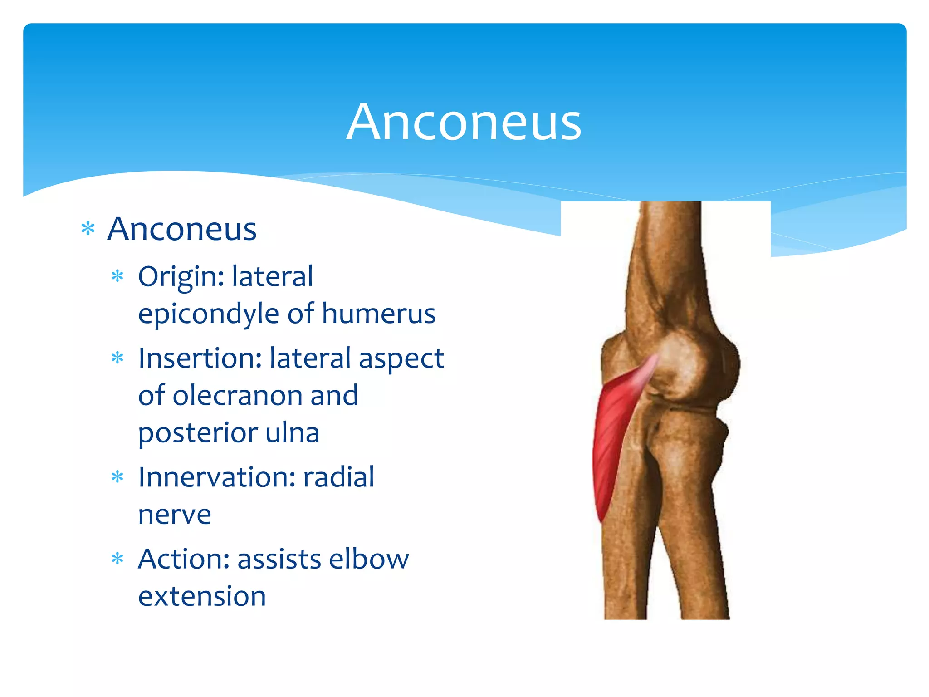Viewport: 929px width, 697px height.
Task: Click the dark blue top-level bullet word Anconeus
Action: click(182, 229)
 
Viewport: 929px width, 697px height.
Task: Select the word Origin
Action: click(181, 277)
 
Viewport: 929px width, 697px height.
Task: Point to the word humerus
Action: click(378, 314)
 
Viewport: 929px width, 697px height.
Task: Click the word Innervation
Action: click(217, 477)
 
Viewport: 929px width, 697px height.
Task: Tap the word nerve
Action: click(175, 515)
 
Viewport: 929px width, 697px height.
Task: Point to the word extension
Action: click(202, 596)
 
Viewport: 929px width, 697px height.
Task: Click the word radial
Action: click(338, 477)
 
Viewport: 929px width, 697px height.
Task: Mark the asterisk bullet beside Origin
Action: click(117, 276)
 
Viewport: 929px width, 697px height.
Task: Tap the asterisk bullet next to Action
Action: click(117, 559)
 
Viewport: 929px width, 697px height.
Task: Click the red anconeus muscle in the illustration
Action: click(612, 436)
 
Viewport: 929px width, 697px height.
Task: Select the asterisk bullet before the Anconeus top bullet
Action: click(88, 228)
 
